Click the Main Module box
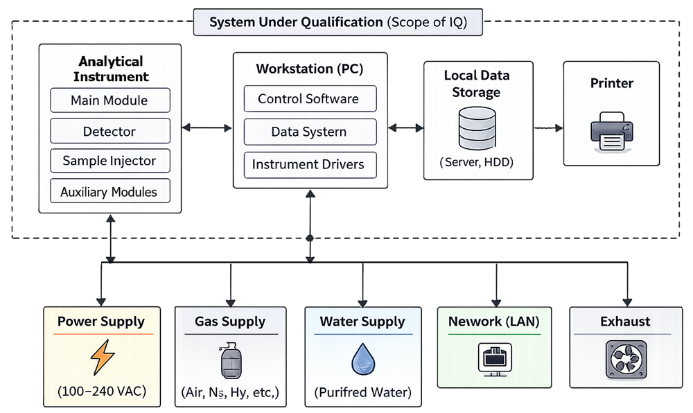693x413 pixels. pyautogui.click(x=109, y=100)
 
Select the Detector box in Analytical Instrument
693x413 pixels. pyautogui.click(x=109, y=131)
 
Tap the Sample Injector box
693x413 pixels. pyautogui.click(x=109, y=161)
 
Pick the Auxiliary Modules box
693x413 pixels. pyautogui.click(x=109, y=191)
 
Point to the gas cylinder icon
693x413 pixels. pyautogui.click(x=230, y=360)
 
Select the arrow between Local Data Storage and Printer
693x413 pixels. pyautogui.click(x=547, y=128)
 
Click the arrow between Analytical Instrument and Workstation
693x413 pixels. pyautogui.click(x=207, y=128)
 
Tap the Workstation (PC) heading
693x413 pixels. pyautogui.click(x=309, y=69)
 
